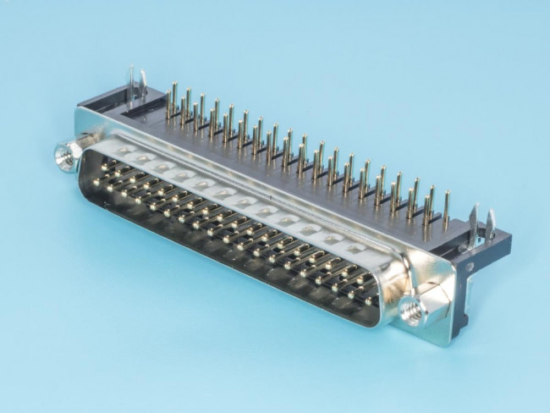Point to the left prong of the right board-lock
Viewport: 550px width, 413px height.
[x=472, y=221]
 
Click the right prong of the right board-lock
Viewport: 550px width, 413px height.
[x=490, y=225]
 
